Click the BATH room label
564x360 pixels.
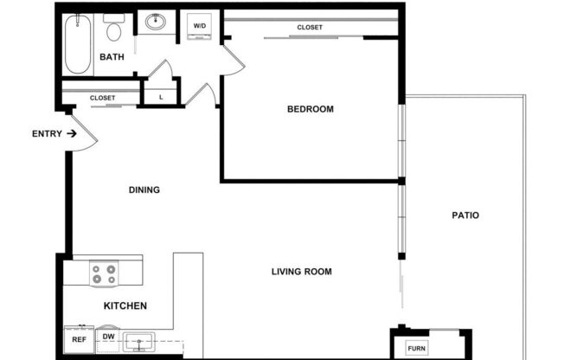coord(112,57)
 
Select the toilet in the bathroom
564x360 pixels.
coord(112,30)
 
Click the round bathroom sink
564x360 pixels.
coord(157,22)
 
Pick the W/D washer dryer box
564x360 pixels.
coord(199,26)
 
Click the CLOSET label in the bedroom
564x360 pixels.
coord(310,28)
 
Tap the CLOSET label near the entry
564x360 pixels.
coord(102,98)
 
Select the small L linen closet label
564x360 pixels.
coord(161,96)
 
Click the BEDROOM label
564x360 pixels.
coord(310,109)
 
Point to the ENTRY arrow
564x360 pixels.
coord(71,133)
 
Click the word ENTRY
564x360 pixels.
coord(46,133)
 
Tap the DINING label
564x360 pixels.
coord(144,190)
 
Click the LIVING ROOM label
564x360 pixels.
coord(301,272)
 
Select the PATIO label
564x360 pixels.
coord(465,215)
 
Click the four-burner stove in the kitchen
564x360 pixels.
coord(104,274)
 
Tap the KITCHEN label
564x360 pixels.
coord(125,305)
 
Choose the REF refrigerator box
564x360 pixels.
coord(78,340)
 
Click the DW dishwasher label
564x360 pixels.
coord(109,337)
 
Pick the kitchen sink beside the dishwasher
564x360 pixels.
coord(138,340)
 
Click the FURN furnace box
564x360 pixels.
coord(418,350)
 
